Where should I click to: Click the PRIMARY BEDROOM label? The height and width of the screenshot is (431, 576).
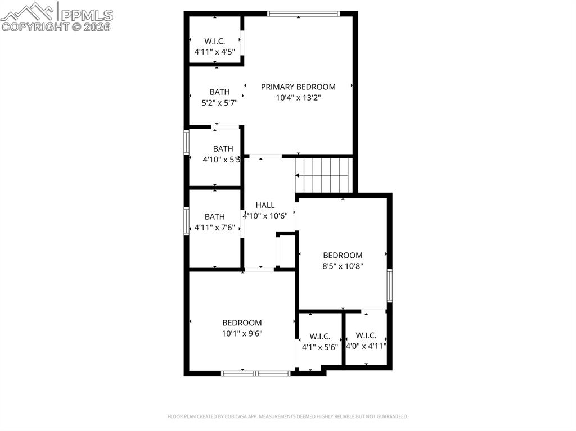coord(298,87)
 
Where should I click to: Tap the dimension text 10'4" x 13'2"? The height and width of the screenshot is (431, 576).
coord(298,97)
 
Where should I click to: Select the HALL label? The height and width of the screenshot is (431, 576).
coord(265,205)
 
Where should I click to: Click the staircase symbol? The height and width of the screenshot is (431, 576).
coord(323,175)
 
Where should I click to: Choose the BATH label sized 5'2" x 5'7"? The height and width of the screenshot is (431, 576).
coord(219,92)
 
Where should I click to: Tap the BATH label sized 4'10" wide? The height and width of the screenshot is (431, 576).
coord(223,149)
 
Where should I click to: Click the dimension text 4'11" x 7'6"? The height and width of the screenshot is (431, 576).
coord(214,228)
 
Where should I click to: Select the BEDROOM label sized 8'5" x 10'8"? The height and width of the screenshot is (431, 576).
coord(343,255)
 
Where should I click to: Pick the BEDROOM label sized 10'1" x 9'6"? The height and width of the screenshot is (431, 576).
coord(242,323)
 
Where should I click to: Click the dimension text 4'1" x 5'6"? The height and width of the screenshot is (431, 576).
coord(319,347)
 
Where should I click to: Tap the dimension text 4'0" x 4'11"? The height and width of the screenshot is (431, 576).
coord(366,346)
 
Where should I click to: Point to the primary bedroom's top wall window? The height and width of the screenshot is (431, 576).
coord(304,13)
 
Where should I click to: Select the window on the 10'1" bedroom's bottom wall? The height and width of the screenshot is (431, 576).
coord(255,373)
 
